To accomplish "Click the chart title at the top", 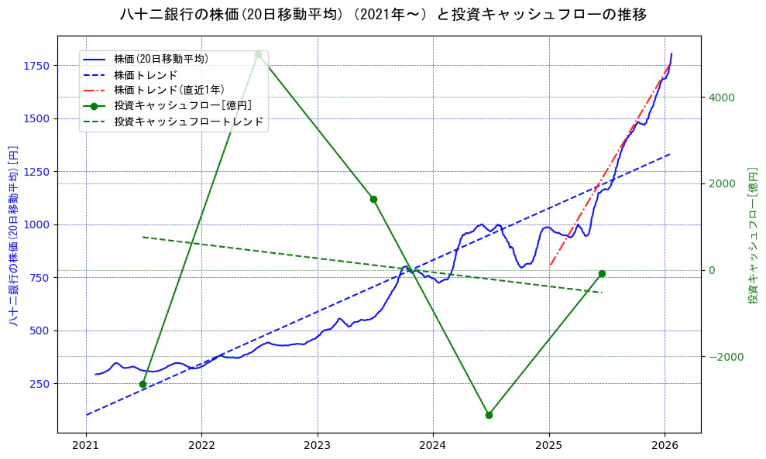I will (383, 15).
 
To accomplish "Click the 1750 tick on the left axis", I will (36, 66).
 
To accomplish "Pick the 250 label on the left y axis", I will (40, 384).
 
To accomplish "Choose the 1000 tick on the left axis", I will (36, 224).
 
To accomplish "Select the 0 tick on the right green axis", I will (710, 270).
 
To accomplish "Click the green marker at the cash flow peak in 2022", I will (258, 54).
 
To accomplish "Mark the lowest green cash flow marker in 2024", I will (489, 415).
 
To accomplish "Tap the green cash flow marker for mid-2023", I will (373, 199).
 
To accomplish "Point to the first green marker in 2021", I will (143, 384).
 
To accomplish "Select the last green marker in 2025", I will (602, 273).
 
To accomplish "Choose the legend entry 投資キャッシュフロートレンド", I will (188, 122).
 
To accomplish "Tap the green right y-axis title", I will (752, 235).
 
